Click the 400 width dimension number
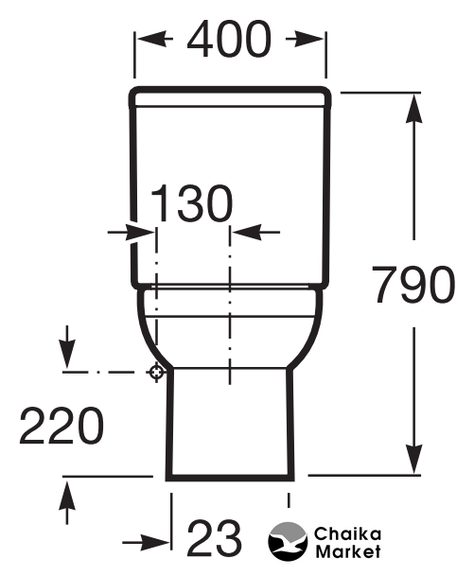click(x=229, y=40)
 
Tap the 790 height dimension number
click(x=413, y=285)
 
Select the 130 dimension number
click(x=191, y=203)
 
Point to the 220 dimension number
click(x=61, y=425)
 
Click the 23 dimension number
click(x=215, y=538)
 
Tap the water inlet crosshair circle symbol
click(x=156, y=372)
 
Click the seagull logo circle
click(x=288, y=541)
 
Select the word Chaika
click(x=347, y=534)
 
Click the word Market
click(x=348, y=551)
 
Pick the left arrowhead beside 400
click(x=154, y=38)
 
